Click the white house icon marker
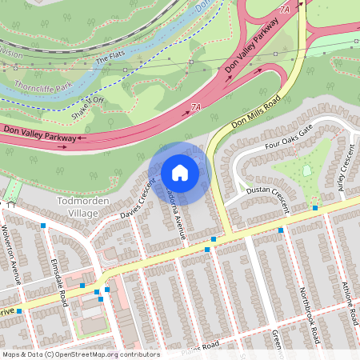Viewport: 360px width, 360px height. coord(180,172)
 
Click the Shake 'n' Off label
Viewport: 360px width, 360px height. coord(89,103)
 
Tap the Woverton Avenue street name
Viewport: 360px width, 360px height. coord(15,260)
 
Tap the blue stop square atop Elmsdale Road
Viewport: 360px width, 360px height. coord(43,226)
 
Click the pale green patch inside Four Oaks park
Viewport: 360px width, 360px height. coord(307,170)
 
